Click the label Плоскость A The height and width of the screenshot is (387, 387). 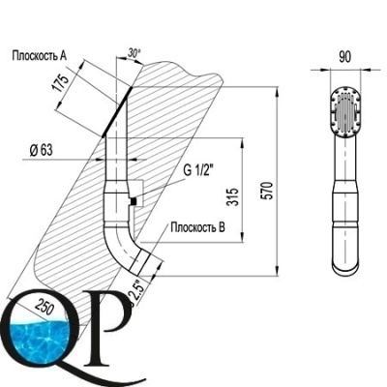(40, 56)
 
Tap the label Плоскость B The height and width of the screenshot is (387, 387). (197, 227)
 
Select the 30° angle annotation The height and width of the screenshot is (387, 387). (134, 52)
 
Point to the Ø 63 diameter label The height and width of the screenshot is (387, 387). (41, 150)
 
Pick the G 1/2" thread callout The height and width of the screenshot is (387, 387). (199, 170)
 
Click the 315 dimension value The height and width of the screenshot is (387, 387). (232, 196)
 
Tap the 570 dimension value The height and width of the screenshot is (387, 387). (268, 191)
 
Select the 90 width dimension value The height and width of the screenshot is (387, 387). (344, 57)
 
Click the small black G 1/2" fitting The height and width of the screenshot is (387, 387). (133, 202)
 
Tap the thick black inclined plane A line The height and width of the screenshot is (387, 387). (117, 111)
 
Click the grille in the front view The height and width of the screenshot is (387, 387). (345, 114)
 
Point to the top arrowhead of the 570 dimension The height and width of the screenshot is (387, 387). (277, 91)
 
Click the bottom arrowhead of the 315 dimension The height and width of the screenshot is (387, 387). (241, 237)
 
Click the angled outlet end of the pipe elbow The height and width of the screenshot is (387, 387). (141, 262)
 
